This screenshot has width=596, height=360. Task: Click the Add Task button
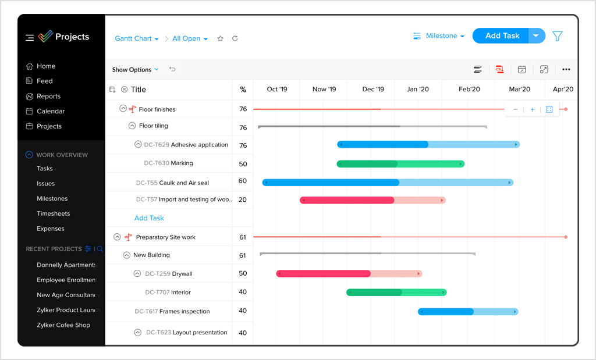coord(501,36)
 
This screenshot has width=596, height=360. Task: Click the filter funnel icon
coord(557,36)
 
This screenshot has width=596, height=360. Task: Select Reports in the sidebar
coord(48,97)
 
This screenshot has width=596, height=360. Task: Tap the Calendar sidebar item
coord(51,111)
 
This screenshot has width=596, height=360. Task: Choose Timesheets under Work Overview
coord(53,214)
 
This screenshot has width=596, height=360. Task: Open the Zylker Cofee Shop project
coord(63,325)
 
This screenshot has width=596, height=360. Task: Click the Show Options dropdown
coord(135,70)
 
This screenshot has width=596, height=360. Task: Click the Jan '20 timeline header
coord(417,90)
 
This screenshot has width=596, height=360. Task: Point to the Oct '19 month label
coord(276,90)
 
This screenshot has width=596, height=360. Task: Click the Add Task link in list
coord(149,218)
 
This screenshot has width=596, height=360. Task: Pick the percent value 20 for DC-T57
coord(243,199)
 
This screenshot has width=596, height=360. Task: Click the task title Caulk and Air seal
coord(184,183)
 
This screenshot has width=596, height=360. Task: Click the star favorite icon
coord(220,39)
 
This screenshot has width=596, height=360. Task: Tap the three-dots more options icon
coord(566,70)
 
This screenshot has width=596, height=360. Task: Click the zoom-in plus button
coord(532,109)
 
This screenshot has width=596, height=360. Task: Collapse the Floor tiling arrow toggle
coord(132,126)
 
